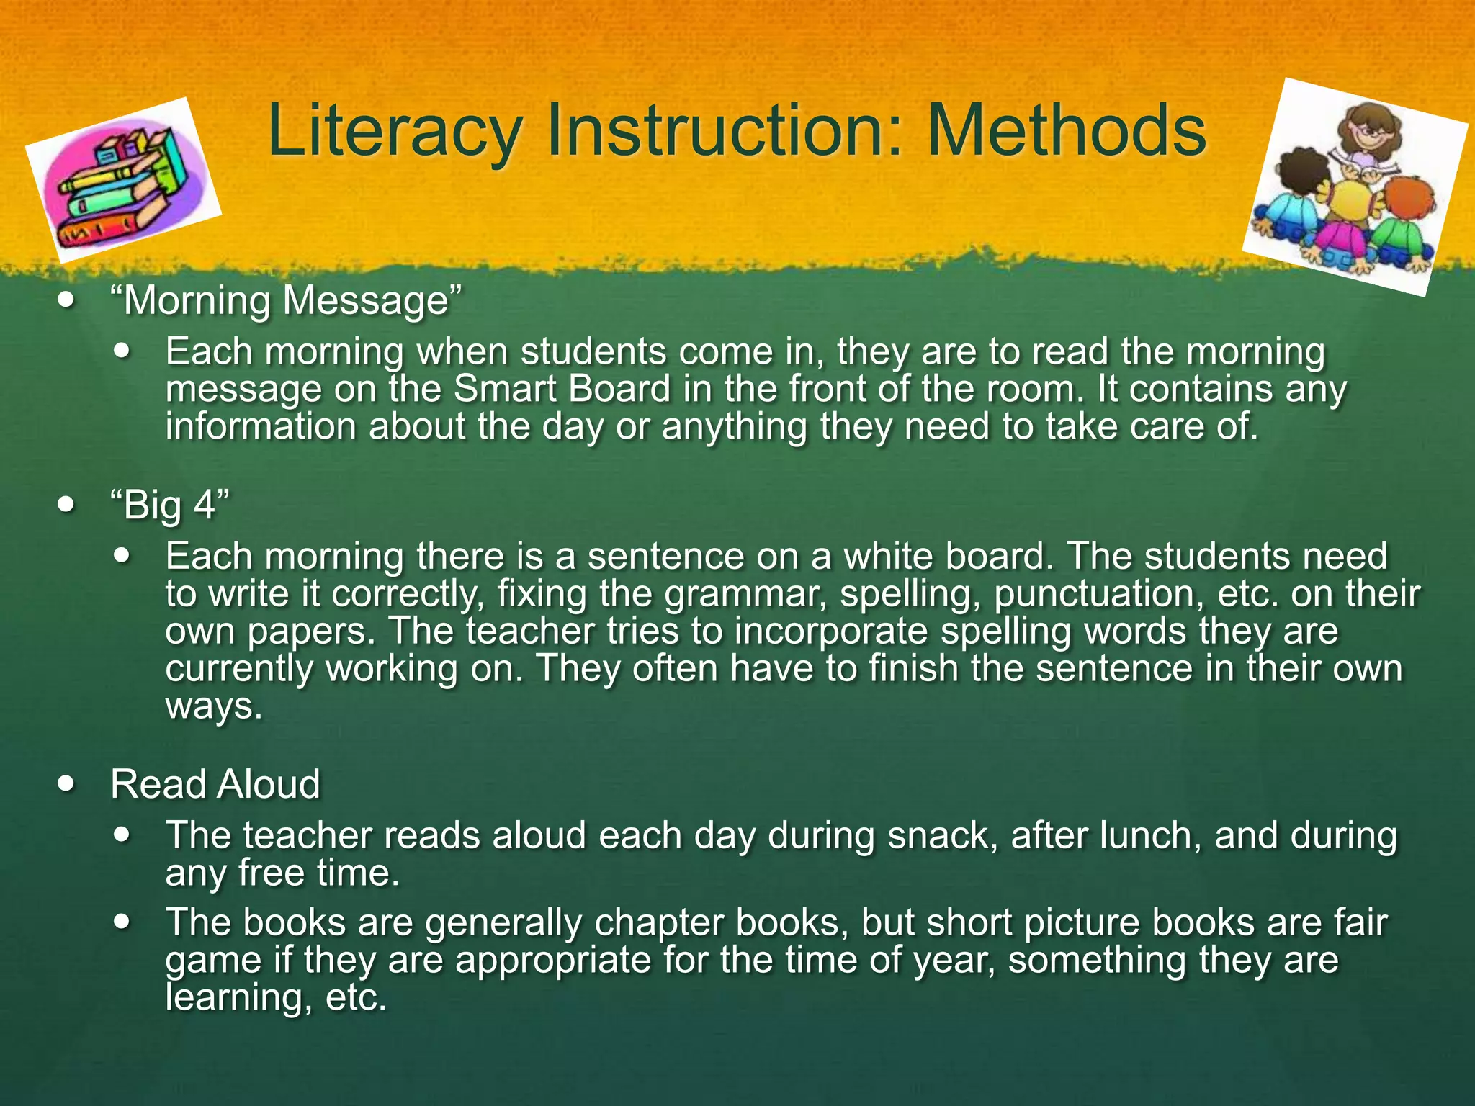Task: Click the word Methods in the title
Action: coord(1066,131)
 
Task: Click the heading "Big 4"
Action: coord(170,504)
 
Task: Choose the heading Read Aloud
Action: coord(215,783)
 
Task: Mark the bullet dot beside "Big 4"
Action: coord(67,504)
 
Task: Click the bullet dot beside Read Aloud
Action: coord(67,783)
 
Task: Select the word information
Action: coord(261,427)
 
